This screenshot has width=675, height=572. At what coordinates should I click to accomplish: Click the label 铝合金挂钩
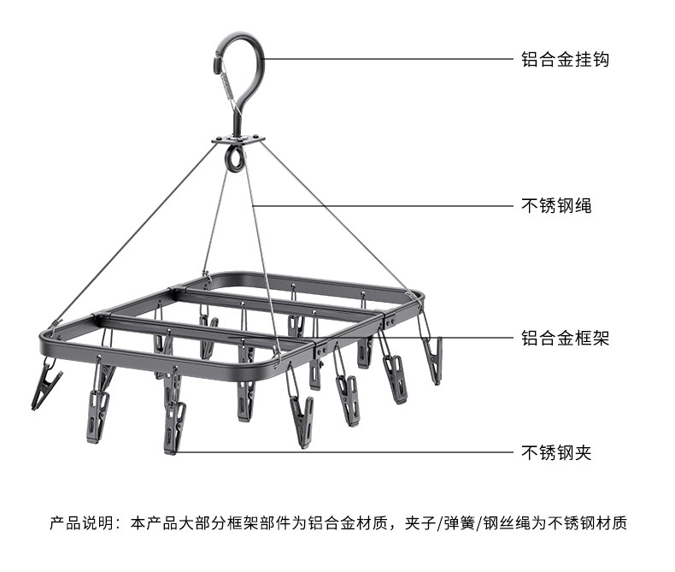[x=565, y=60]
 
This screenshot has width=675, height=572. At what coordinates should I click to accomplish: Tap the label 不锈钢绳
[x=556, y=205]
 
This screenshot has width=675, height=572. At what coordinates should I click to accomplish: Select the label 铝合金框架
[x=565, y=338]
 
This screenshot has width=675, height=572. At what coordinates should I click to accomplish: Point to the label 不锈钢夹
[x=556, y=452]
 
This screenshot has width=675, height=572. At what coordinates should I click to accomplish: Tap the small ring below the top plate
[x=233, y=157]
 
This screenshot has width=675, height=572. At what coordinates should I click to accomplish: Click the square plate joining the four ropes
[x=238, y=139]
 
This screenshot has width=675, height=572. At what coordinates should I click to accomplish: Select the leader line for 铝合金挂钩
[x=384, y=59]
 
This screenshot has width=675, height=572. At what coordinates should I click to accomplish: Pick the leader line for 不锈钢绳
[x=384, y=205]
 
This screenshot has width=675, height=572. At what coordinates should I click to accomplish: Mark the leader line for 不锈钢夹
[x=342, y=452]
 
